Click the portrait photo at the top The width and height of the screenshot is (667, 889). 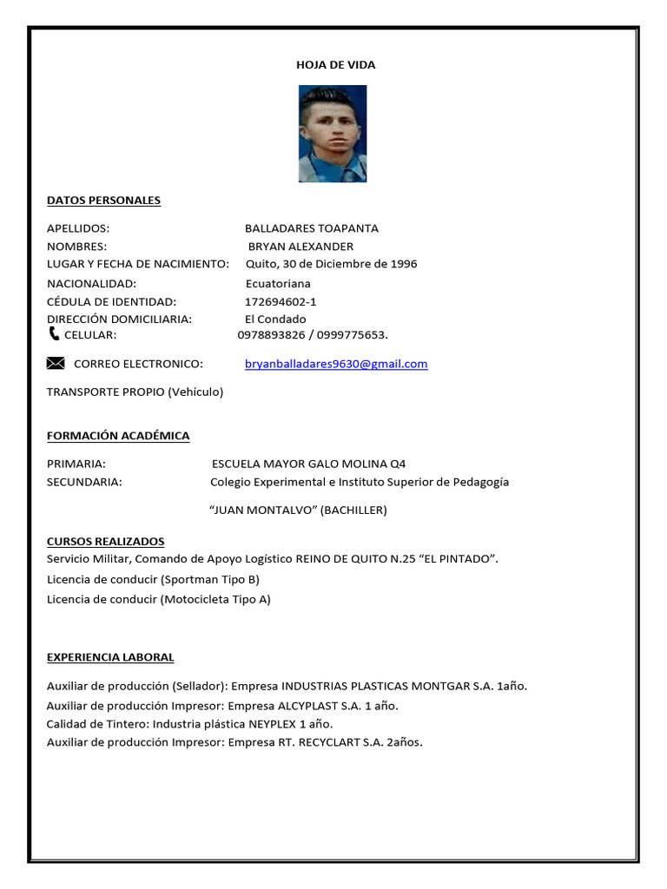333,134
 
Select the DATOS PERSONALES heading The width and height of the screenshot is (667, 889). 103,201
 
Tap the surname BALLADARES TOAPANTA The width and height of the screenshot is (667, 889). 311,228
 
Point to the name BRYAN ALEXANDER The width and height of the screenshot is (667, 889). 300,247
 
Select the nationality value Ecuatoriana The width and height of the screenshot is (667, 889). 278,284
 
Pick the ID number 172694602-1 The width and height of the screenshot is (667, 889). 281,301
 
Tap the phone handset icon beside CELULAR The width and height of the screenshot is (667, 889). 55,334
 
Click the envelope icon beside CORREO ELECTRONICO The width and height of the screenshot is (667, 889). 56,363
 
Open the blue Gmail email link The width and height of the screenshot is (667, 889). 336,364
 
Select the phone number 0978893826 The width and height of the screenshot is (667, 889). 271,335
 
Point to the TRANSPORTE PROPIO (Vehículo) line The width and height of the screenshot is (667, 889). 135,392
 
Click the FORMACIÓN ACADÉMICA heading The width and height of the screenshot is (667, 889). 118,436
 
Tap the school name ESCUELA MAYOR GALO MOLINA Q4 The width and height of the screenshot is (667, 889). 308,464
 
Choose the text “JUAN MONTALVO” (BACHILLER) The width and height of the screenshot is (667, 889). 299,510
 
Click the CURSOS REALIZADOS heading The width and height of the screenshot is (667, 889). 105,541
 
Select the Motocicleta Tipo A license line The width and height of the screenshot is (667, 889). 158,599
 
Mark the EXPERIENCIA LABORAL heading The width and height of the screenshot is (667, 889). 110,657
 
